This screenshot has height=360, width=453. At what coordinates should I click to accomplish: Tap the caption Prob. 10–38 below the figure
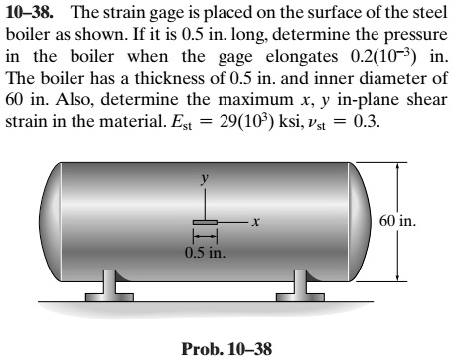[226, 348]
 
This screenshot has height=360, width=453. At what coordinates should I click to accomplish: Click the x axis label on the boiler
[255, 223]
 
